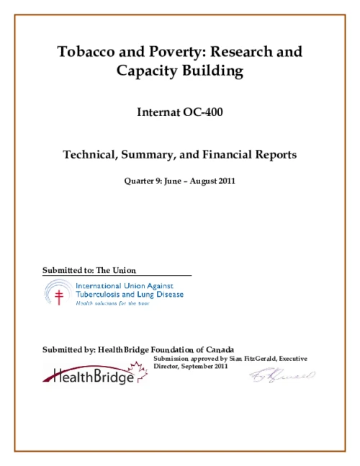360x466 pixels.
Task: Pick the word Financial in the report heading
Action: coord(228,154)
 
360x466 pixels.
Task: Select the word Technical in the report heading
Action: coord(92,154)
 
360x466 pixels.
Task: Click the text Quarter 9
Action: coord(143,180)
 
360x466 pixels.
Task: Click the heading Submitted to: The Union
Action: coord(89,270)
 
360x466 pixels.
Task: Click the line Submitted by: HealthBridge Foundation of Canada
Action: coord(138,349)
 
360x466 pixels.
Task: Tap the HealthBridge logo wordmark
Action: coord(89,376)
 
